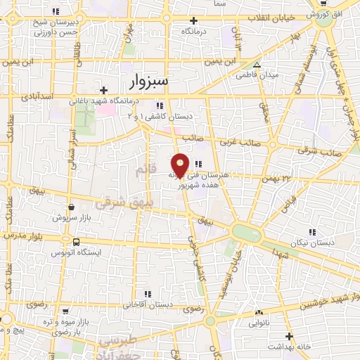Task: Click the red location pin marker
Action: click(181, 165)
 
